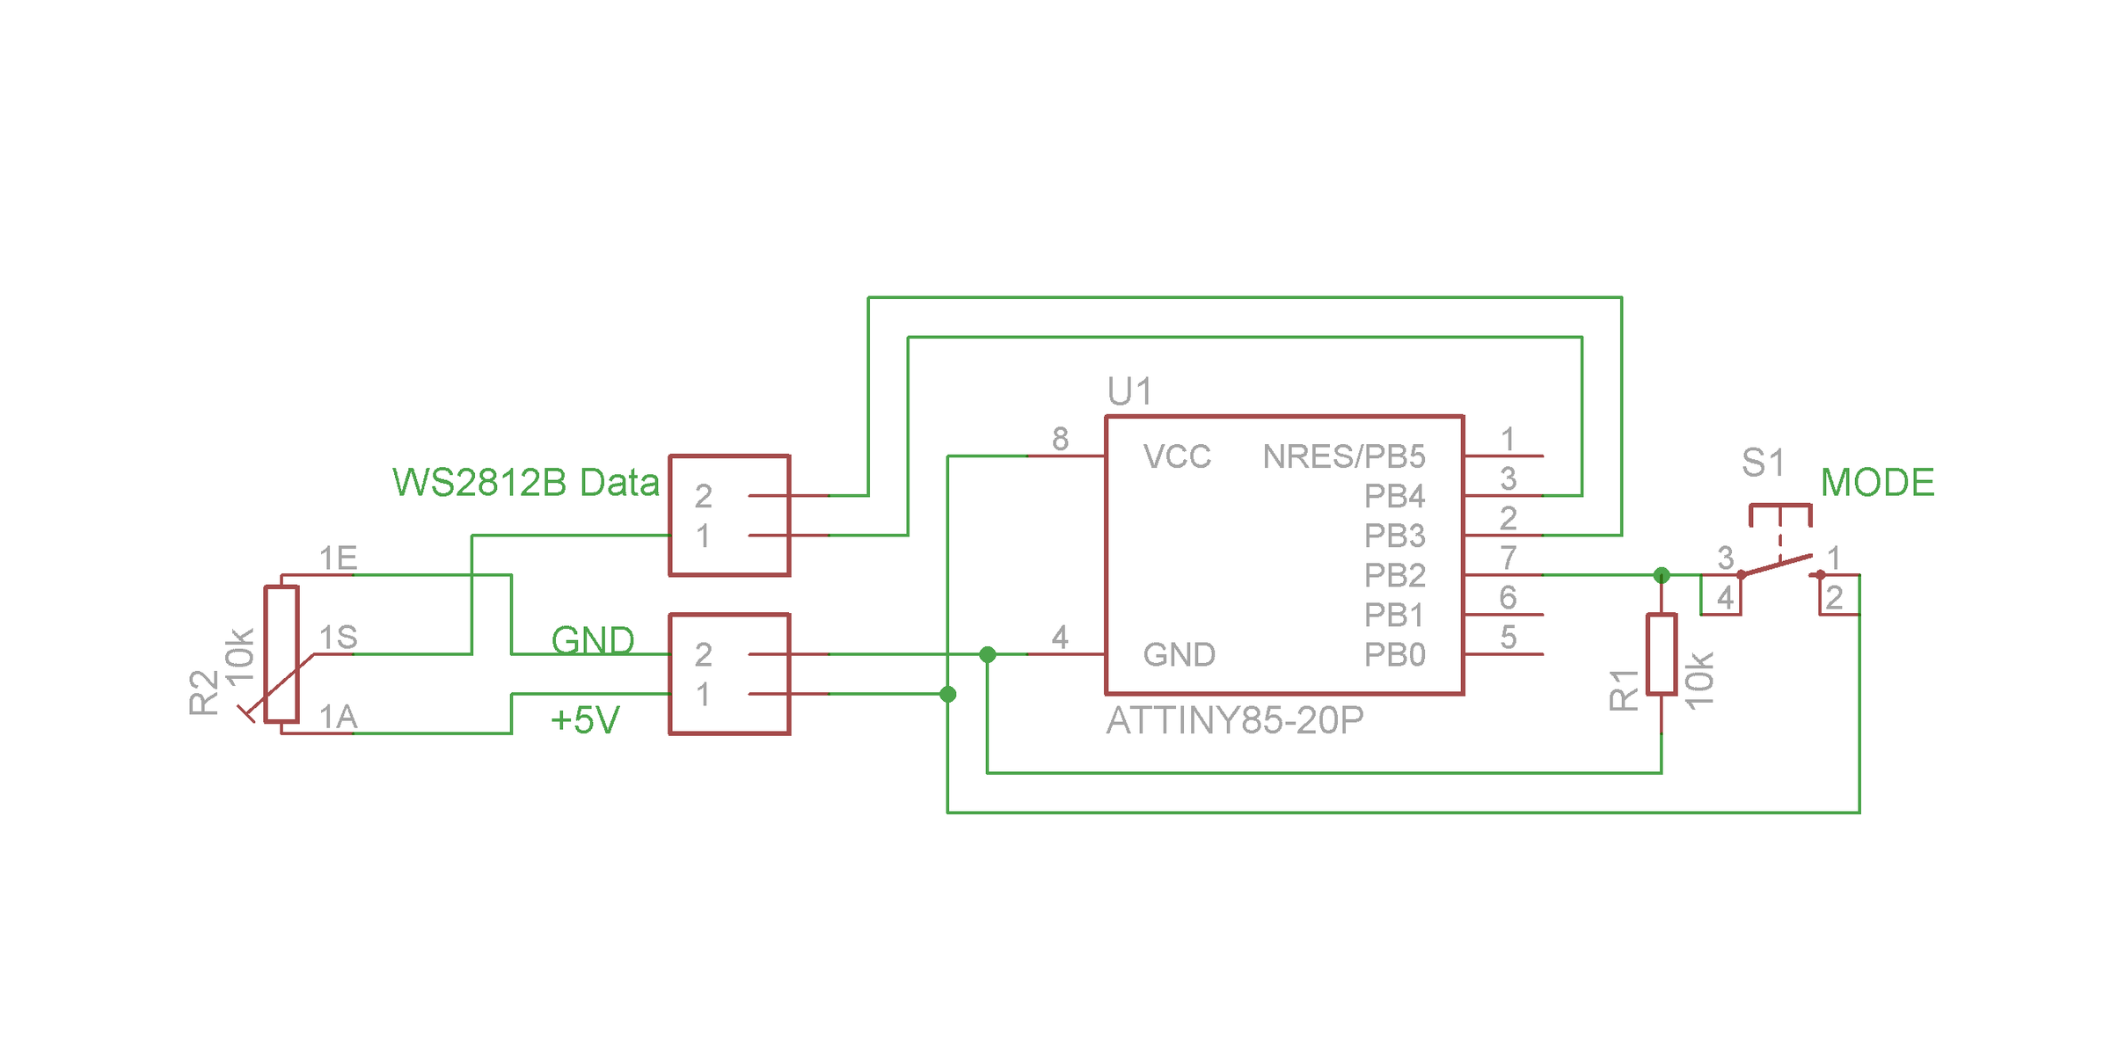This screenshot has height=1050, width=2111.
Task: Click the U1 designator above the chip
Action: point(1129,391)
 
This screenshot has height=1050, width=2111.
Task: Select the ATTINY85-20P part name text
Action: point(1235,721)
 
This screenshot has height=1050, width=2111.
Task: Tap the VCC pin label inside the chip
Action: point(1177,456)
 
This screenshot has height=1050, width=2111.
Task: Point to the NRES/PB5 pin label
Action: point(1343,456)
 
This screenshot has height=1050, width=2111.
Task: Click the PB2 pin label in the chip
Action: point(1394,575)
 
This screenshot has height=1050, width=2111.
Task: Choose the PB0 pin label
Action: point(1394,655)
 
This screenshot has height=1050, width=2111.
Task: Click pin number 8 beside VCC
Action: point(1060,439)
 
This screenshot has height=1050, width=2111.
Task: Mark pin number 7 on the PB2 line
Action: point(1508,558)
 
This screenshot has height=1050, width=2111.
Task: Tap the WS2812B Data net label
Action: point(525,483)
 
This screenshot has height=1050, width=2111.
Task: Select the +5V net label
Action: point(585,721)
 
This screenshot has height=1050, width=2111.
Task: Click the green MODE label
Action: point(1877,483)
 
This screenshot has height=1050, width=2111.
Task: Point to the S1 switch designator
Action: point(1763,463)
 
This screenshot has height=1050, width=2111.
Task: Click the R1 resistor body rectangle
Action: point(1662,654)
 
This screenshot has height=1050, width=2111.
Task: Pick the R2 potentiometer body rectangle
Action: point(281,654)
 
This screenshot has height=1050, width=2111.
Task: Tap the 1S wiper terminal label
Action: point(338,637)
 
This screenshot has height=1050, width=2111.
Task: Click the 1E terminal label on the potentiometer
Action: point(338,558)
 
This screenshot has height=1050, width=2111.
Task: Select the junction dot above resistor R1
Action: point(1662,575)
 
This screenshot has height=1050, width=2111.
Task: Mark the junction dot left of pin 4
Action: point(988,654)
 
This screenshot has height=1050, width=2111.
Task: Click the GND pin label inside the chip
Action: point(1179,655)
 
